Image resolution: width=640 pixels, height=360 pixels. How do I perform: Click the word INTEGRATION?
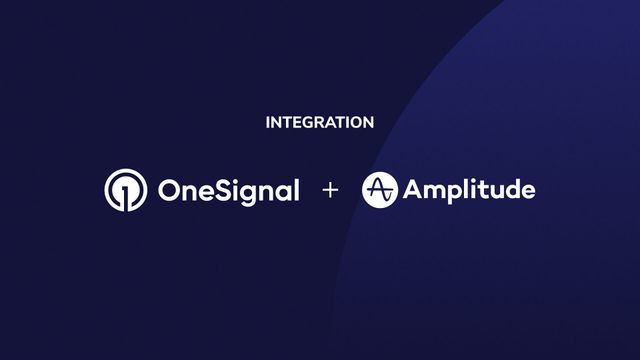click(320, 123)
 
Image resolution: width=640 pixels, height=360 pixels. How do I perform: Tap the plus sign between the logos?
click(331, 190)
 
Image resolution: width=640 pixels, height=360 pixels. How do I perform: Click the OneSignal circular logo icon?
click(125, 190)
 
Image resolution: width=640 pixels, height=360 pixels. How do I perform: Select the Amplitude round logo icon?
click(380, 190)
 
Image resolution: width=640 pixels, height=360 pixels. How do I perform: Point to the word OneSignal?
click(228, 190)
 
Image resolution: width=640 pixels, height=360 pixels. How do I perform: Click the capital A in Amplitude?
click(414, 190)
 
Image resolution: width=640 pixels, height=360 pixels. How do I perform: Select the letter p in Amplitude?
click(455, 193)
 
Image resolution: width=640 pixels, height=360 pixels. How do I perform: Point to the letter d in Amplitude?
click(510, 189)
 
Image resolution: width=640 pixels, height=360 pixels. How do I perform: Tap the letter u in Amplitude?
click(492, 191)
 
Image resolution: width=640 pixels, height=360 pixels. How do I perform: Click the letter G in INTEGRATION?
click(308, 123)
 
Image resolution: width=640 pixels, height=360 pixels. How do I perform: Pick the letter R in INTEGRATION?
click(320, 123)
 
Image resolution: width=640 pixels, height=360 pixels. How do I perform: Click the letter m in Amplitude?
click(435, 191)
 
